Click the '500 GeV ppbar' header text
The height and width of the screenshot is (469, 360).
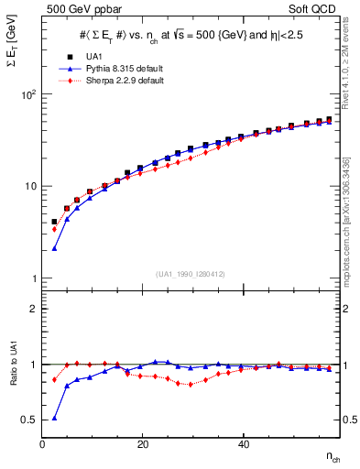pos(76,9)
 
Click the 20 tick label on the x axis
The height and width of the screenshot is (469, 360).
pos(142,444)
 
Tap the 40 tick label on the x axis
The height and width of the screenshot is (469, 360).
pos(242,444)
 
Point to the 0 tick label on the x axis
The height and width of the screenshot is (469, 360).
pos(43,444)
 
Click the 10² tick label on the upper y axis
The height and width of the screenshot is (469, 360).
pos(29,94)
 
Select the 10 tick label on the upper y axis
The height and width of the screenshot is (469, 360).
pos(31,186)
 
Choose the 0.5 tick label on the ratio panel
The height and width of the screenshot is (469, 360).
pos(30,420)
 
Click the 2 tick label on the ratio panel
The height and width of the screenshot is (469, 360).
pos(34,309)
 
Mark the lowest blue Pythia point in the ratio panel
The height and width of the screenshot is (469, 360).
pos(55,418)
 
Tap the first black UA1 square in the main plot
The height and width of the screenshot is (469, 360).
pos(55,222)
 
